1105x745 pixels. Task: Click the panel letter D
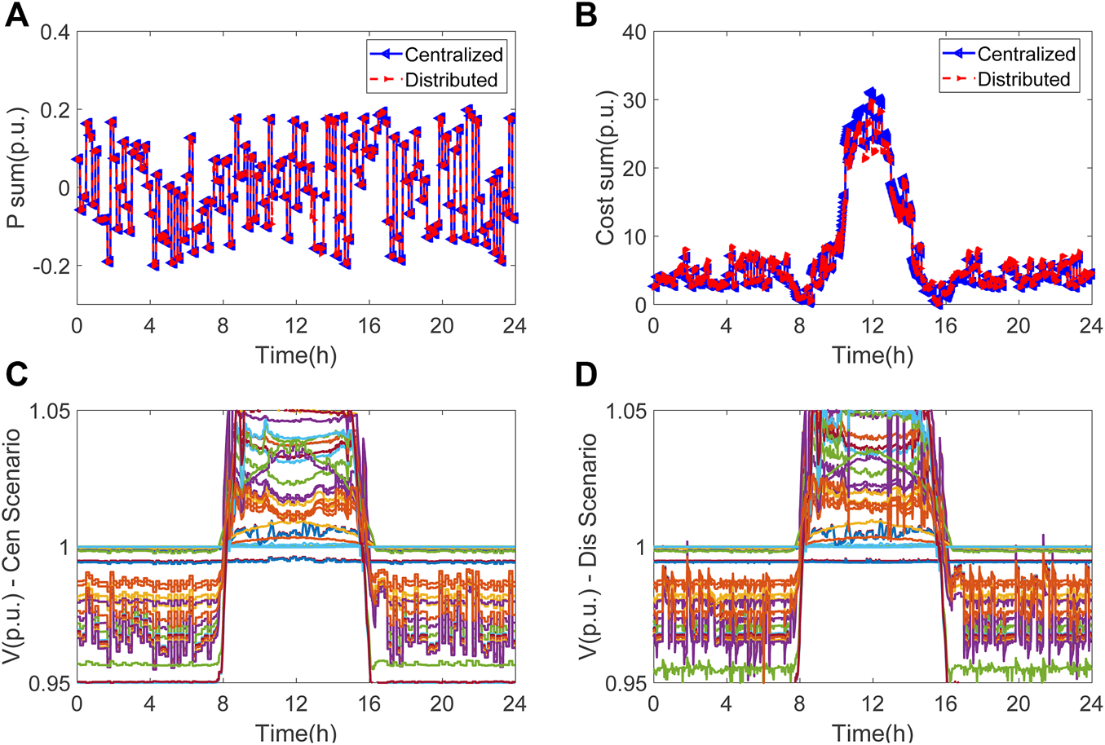pos(587,375)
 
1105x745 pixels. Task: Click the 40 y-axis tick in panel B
pos(634,33)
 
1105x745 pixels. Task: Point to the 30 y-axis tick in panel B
pos(634,100)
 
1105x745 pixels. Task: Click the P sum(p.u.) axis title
pos(17,166)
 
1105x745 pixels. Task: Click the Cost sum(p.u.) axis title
pos(604,170)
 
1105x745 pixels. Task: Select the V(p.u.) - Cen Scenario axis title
pos(17,546)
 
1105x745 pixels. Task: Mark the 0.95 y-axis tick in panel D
pos(623,682)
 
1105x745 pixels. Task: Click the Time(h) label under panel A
pos(295,355)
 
